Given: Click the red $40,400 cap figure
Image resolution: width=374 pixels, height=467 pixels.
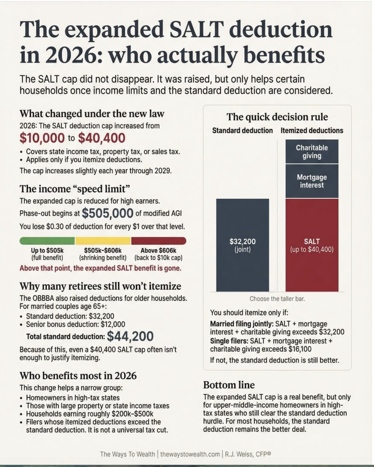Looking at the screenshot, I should [x=102, y=138].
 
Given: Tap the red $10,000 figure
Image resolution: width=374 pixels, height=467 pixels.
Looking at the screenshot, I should [x=42, y=138].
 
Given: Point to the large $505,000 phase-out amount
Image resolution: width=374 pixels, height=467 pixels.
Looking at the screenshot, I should [x=108, y=213].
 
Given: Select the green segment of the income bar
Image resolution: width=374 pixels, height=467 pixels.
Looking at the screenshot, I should [x=47, y=241].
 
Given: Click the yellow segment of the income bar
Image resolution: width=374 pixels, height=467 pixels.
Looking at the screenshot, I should [x=103, y=241].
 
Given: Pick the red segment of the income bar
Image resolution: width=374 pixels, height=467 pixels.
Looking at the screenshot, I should [x=159, y=241].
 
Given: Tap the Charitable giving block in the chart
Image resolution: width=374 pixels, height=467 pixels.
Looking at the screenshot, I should [x=312, y=152].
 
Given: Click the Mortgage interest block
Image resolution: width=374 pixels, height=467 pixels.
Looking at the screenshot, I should [x=312, y=181].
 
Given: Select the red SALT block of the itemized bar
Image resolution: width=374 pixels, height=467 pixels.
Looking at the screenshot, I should [x=312, y=245].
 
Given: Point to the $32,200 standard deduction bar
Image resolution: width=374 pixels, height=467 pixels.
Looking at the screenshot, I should [x=243, y=245].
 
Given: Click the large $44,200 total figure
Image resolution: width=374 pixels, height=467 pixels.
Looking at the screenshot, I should [x=130, y=336].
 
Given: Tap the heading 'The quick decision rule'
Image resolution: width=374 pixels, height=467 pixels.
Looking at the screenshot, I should [x=277, y=117].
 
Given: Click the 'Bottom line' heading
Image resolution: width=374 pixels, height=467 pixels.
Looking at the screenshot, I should [x=229, y=385].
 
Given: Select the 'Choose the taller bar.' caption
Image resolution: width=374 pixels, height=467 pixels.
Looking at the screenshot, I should [x=277, y=299].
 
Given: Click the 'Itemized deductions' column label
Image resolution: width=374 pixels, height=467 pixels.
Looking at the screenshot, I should [x=312, y=130].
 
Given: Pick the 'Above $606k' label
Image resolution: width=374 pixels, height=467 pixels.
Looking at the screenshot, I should [x=158, y=250].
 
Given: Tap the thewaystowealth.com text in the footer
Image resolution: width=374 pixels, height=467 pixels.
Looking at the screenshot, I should [x=190, y=454].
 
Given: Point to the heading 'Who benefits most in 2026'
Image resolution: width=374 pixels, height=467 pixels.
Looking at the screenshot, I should [x=78, y=376].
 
